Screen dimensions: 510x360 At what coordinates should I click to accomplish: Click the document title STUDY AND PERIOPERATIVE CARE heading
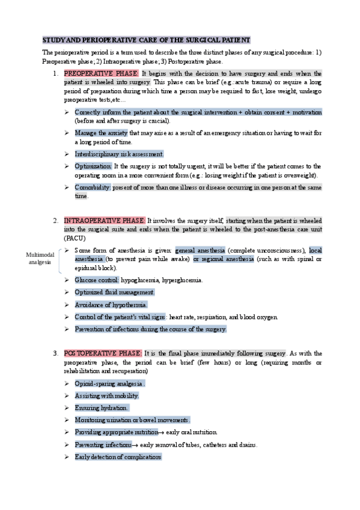146,40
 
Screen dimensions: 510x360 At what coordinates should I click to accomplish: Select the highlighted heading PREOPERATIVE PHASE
101,73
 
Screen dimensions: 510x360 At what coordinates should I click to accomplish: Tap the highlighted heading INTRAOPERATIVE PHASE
104,221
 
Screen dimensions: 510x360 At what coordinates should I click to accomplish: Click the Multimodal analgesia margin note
40,259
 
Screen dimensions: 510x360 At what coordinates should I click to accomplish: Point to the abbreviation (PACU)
73,239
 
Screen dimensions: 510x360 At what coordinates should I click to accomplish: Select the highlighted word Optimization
93,166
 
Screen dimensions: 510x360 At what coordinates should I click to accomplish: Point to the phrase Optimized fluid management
114,292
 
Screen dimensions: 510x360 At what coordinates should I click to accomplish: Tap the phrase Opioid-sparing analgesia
109,383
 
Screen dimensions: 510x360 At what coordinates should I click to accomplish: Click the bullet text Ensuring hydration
101,408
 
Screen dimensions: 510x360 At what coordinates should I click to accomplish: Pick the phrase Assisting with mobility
106,396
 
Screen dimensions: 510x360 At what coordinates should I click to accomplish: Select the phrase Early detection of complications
118,457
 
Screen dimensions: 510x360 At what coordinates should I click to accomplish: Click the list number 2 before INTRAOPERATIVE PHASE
55,221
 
